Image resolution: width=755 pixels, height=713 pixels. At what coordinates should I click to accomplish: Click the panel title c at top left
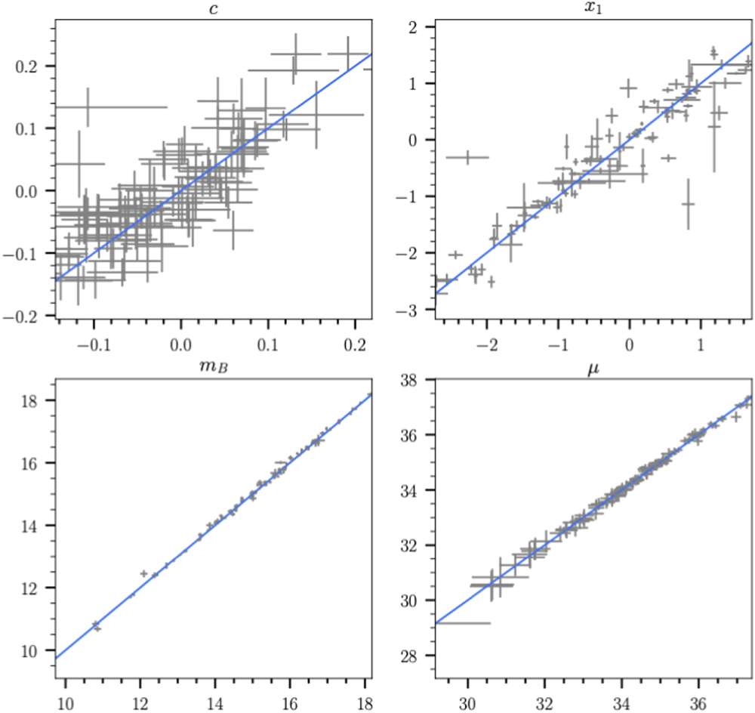point(214,8)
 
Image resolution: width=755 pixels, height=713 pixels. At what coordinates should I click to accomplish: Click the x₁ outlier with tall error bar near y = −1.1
point(688,204)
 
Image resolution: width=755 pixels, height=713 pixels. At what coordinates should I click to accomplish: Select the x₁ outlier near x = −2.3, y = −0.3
point(467,157)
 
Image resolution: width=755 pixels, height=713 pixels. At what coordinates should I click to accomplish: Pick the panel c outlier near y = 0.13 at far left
point(88,106)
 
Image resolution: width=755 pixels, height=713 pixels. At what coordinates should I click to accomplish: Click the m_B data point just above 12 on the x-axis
point(143,573)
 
